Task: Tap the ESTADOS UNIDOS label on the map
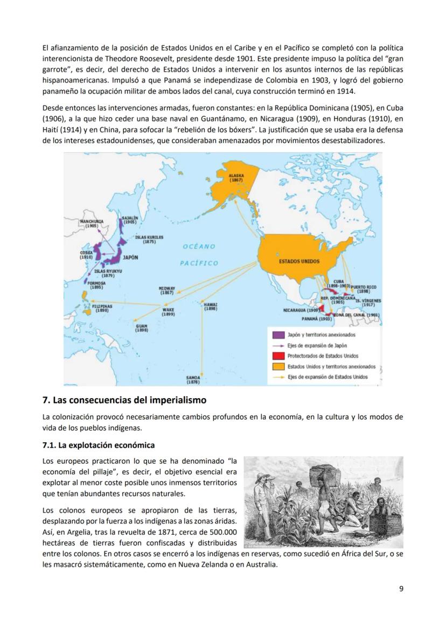click(299, 261)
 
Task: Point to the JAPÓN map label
click(130, 258)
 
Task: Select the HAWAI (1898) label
click(210, 307)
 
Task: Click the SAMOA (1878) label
click(193, 380)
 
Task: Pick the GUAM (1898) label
click(142, 328)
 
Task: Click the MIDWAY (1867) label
click(168, 290)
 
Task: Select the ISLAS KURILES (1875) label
click(149, 239)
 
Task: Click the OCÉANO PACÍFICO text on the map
click(199, 254)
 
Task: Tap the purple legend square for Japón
click(278, 335)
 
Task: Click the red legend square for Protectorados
click(278, 356)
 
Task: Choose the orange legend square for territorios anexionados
click(278, 366)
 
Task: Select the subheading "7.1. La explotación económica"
click(99, 445)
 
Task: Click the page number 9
click(401, 588)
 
